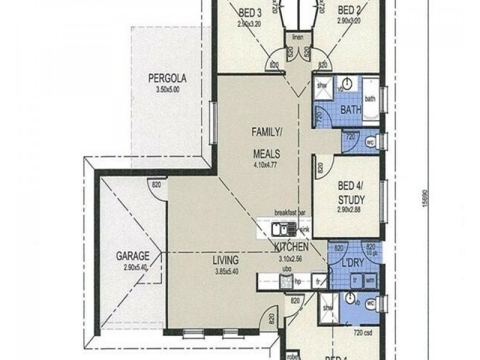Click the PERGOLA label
tap(168, 78)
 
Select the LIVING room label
tap(226, 260)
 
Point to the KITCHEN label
tap(292, 247)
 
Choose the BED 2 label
tap(349, 10)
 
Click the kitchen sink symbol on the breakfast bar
tap(280, 229)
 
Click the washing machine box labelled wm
tap(370, 280)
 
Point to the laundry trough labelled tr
tap(356, 280)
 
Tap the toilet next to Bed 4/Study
tap(370, 143)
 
